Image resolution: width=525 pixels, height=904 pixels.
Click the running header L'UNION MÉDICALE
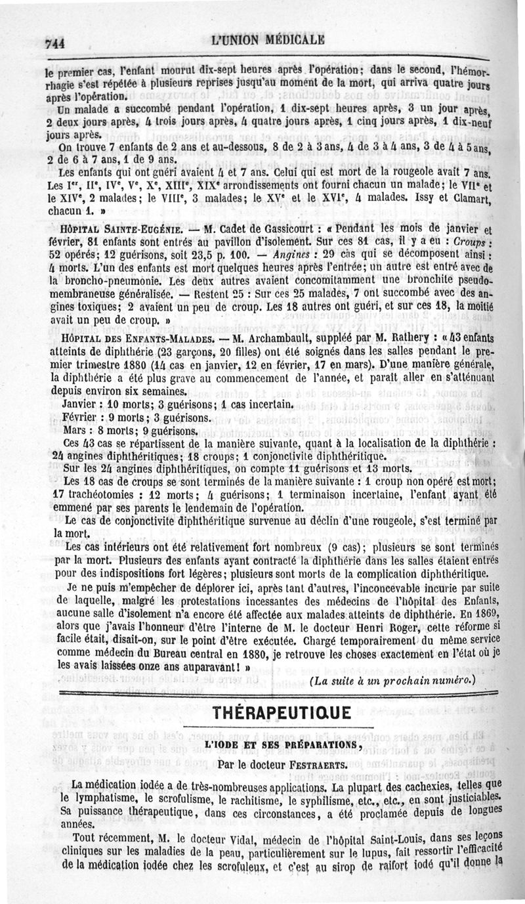[268, 39]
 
